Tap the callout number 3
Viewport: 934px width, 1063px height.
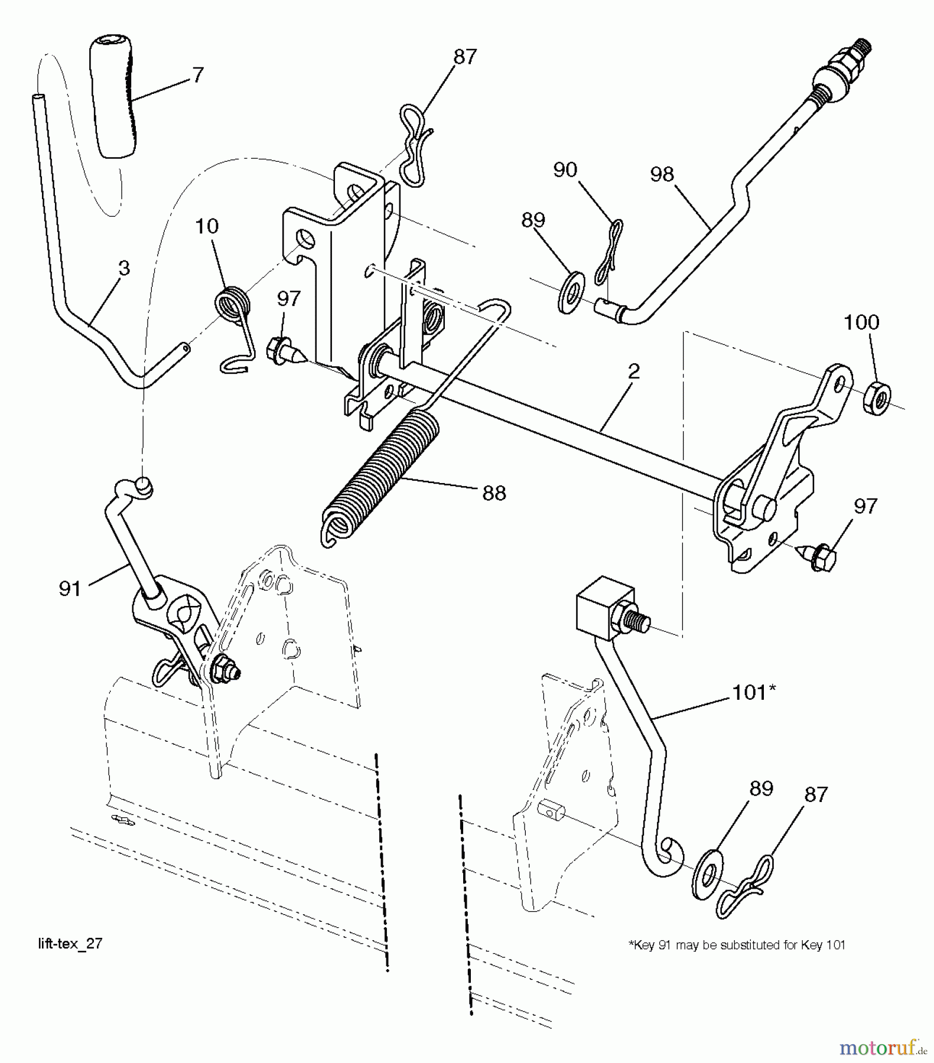[123, 268]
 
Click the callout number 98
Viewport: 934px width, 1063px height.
[662, 175]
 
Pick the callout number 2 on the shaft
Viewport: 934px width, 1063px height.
[633, 371]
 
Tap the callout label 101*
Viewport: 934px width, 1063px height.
[753, 692]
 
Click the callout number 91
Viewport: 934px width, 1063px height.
[70, 589]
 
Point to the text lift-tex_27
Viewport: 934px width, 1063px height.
[70, 944]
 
